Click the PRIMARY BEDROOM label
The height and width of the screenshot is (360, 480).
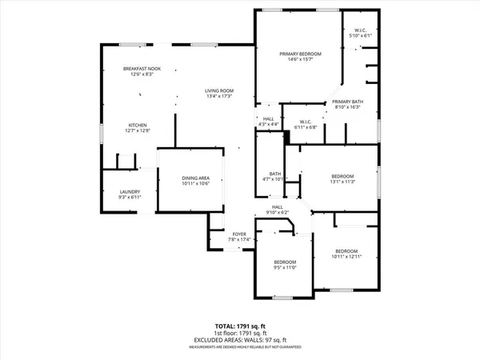(x=294, y=54)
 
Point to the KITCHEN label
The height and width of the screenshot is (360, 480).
(x=138, y=125)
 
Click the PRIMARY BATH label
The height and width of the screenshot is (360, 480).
(x=348, y=101)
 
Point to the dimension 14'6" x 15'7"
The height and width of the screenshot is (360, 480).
(x=294, y=60)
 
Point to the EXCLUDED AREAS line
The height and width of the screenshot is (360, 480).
(x=239, y=341)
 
